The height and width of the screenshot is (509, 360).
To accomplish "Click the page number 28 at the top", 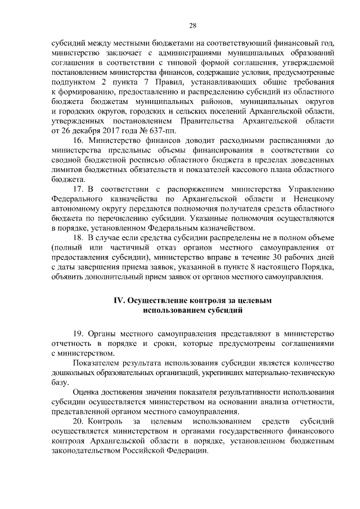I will [192, 25].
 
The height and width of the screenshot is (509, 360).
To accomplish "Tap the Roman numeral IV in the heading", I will [119, 300].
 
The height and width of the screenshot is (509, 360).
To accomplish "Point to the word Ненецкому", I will [314, 206].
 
